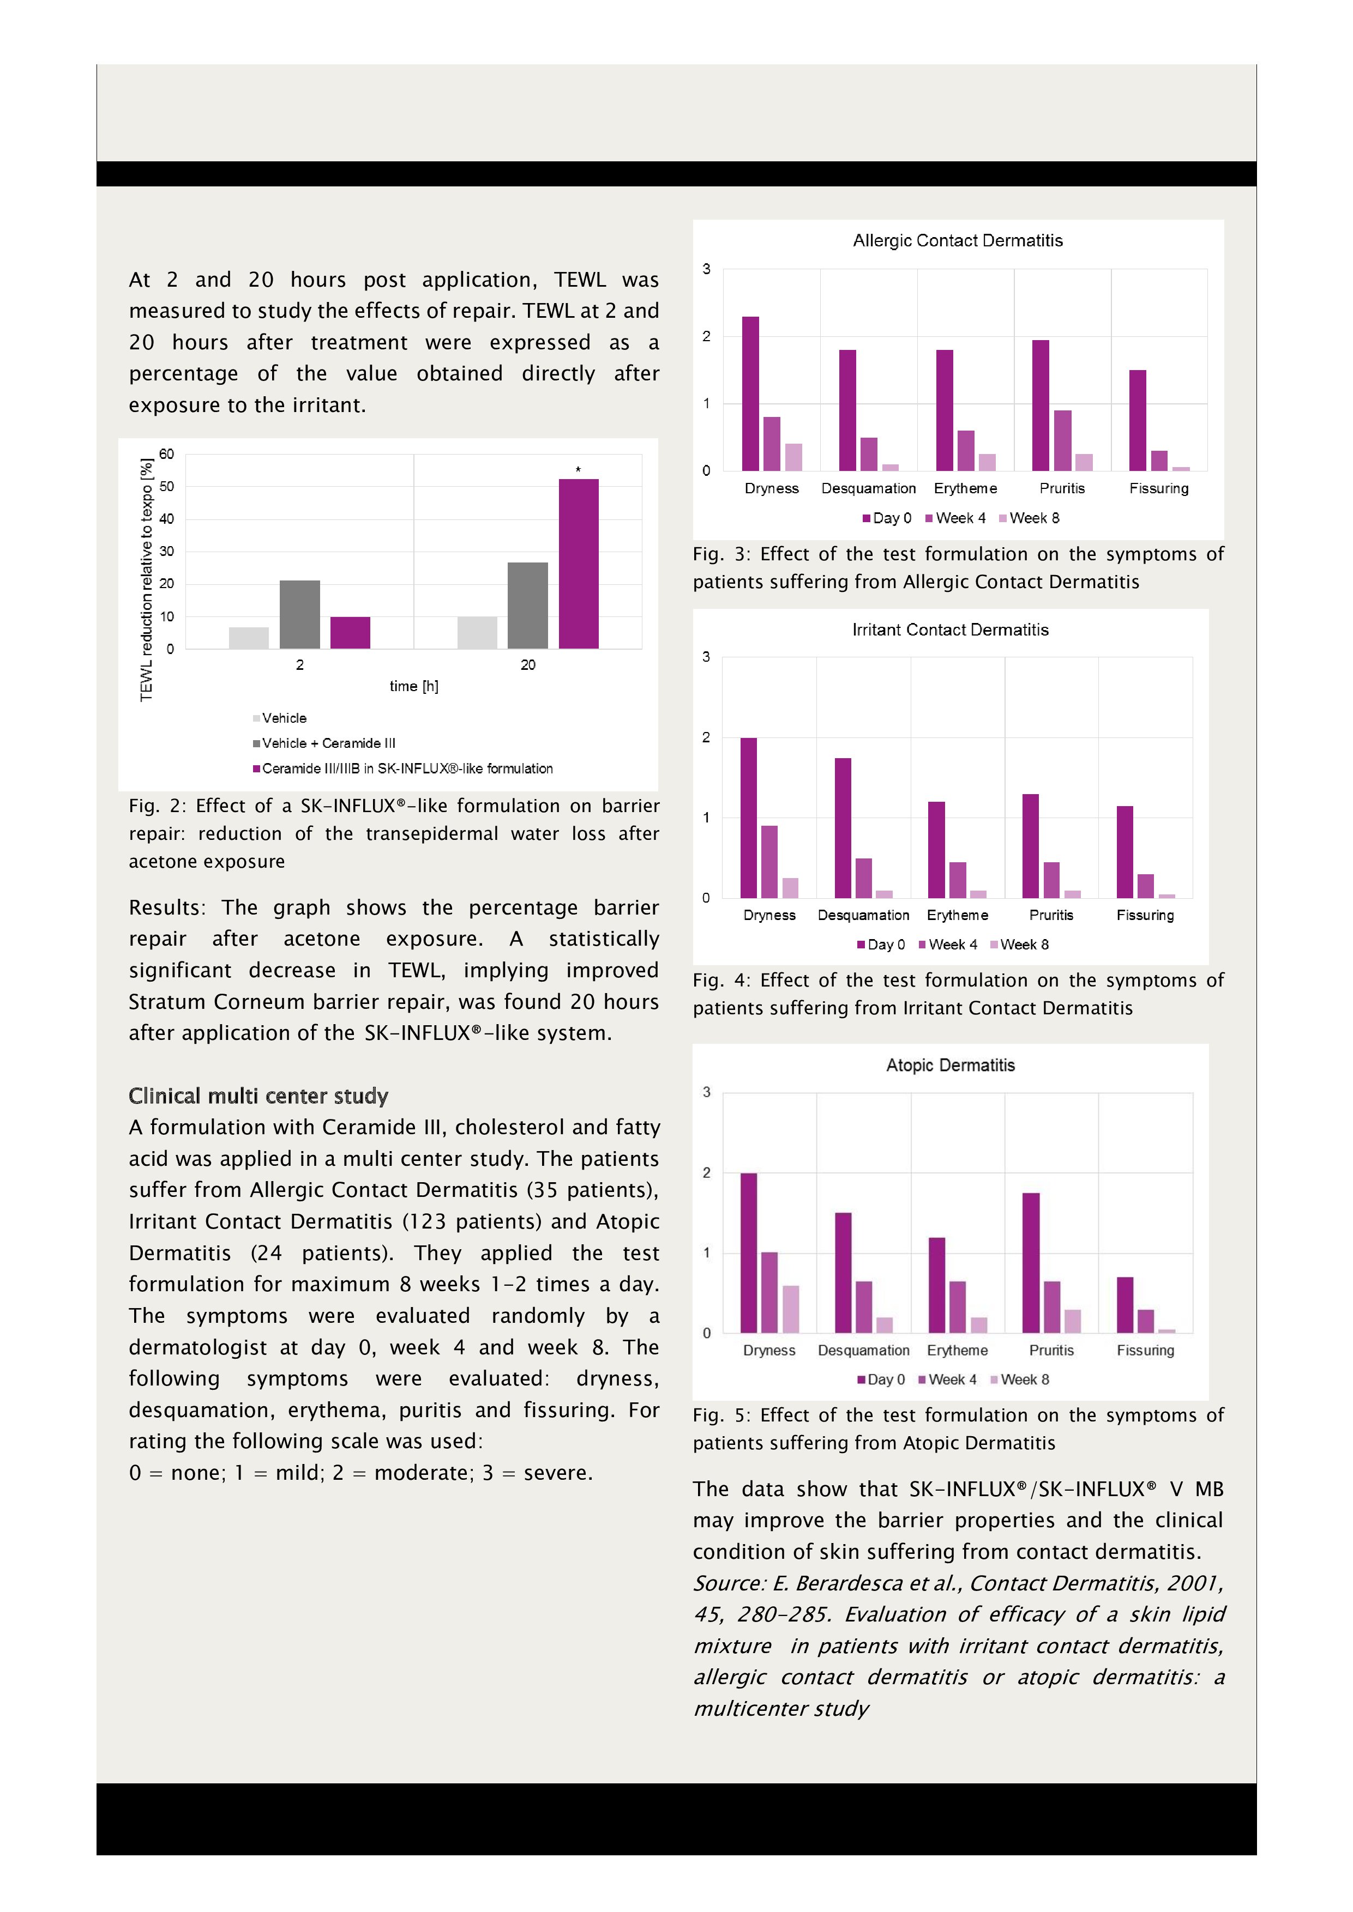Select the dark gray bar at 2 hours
click(299, 615)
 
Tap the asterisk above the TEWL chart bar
click(578, 470)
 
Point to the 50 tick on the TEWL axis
click(167, 486)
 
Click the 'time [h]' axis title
click(413, 686)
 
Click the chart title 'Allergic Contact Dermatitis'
click(957, 241)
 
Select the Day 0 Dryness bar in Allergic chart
click(750, 394)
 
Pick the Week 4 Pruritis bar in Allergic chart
click(1062, 440)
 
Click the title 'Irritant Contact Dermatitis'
click(950, 630)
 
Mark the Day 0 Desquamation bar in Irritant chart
click(843, 828)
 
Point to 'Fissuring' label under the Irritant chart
click(1145, 915)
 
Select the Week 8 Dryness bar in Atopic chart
click(791, 1309)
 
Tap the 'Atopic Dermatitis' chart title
click(950, 1065)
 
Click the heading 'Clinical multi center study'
click(258, 1096)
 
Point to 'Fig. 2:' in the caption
click(156, 806)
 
